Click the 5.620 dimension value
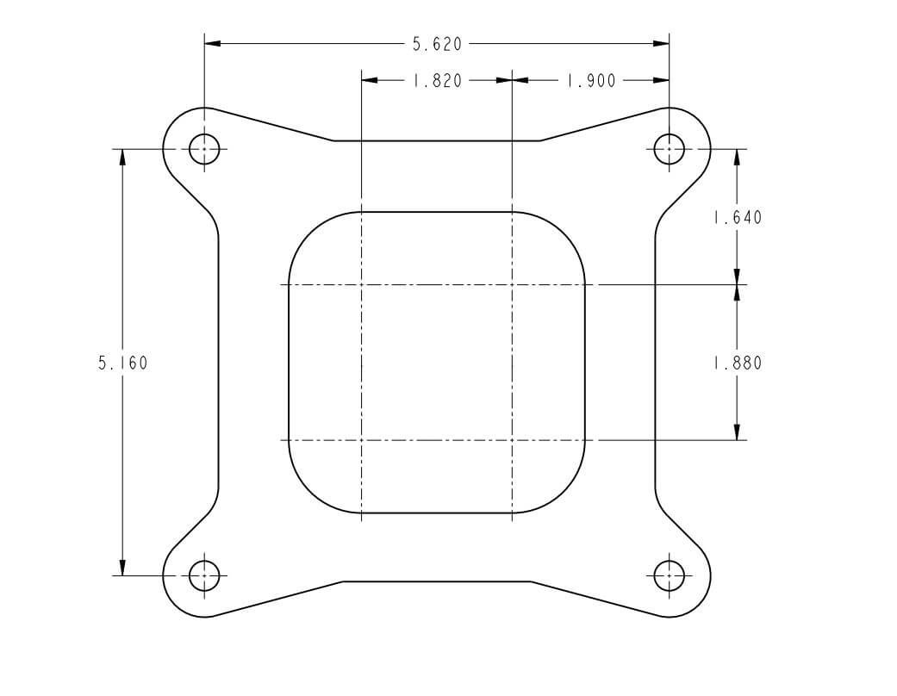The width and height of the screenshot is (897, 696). [437, 43]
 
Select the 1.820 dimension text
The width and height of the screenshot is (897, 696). [437, 81]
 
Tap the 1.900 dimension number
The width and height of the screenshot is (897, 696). [591, 81]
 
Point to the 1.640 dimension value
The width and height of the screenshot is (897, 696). [737, 218]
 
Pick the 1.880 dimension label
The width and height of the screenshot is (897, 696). [737, 363]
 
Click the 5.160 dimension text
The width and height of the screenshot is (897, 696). [122, 363]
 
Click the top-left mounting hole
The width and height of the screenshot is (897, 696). [204, 149]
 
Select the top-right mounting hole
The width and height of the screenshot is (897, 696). [670, 149]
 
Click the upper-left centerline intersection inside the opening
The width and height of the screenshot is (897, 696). [361, 284]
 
